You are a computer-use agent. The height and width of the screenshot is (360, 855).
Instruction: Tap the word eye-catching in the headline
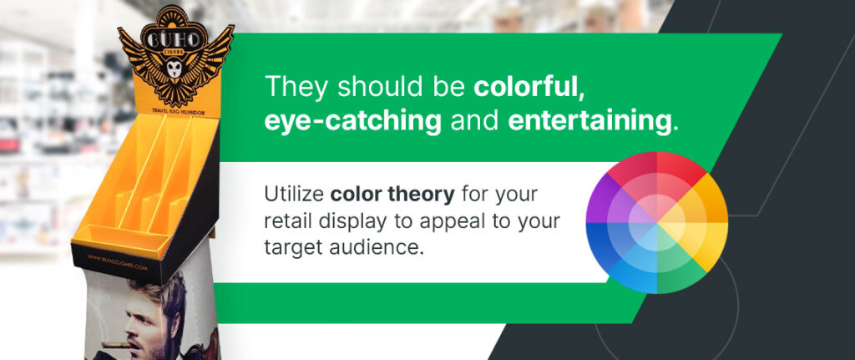[352, 122]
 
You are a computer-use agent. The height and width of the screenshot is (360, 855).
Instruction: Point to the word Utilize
[294, 195]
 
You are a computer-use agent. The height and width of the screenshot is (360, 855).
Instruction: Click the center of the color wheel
[656, 222]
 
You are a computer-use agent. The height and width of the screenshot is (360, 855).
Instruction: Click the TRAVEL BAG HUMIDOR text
[173, 109]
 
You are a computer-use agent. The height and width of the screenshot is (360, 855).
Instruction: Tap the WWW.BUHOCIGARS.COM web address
[117, 263]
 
